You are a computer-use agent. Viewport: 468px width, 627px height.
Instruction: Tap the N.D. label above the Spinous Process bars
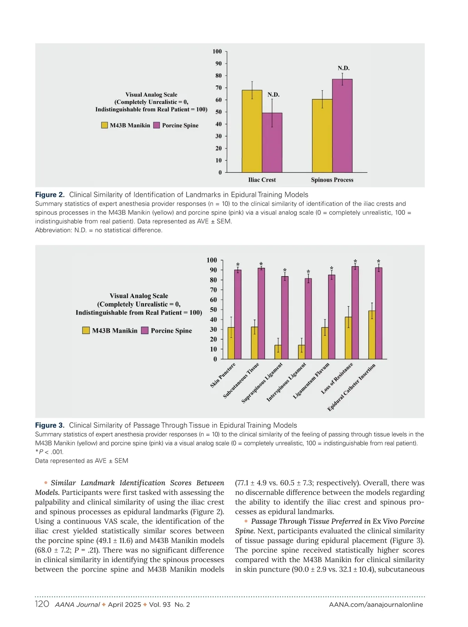tap(344, 68)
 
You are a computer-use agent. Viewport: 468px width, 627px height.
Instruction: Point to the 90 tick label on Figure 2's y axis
tap(218, 63)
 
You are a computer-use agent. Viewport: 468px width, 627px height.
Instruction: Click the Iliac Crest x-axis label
tap(262, 180)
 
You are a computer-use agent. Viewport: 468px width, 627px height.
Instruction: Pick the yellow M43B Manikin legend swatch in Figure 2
tap(105, 125)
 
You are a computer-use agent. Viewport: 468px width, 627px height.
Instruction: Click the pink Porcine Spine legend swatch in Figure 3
tap(145, 331)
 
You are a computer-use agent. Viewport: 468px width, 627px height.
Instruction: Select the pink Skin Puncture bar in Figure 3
tap(238, 314)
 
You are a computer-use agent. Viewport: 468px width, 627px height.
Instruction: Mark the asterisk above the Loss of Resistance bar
tap(355, 261)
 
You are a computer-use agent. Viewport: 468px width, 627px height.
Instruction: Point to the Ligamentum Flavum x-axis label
tap(312, 381)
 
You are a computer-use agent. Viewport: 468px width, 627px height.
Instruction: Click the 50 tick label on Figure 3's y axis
tap(213, 310)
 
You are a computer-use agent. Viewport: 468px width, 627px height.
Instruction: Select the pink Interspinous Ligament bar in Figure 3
tap(308, 319)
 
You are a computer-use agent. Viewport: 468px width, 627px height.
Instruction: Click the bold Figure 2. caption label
tap(50, 194)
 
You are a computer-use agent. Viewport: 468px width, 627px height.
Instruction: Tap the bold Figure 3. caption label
tap(50, 425)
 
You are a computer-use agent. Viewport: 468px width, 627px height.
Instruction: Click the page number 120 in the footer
tap(42, 604)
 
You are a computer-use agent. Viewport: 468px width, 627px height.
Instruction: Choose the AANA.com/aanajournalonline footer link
tap(376, 605)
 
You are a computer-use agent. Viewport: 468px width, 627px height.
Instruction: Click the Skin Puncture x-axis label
tap(223, 375)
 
